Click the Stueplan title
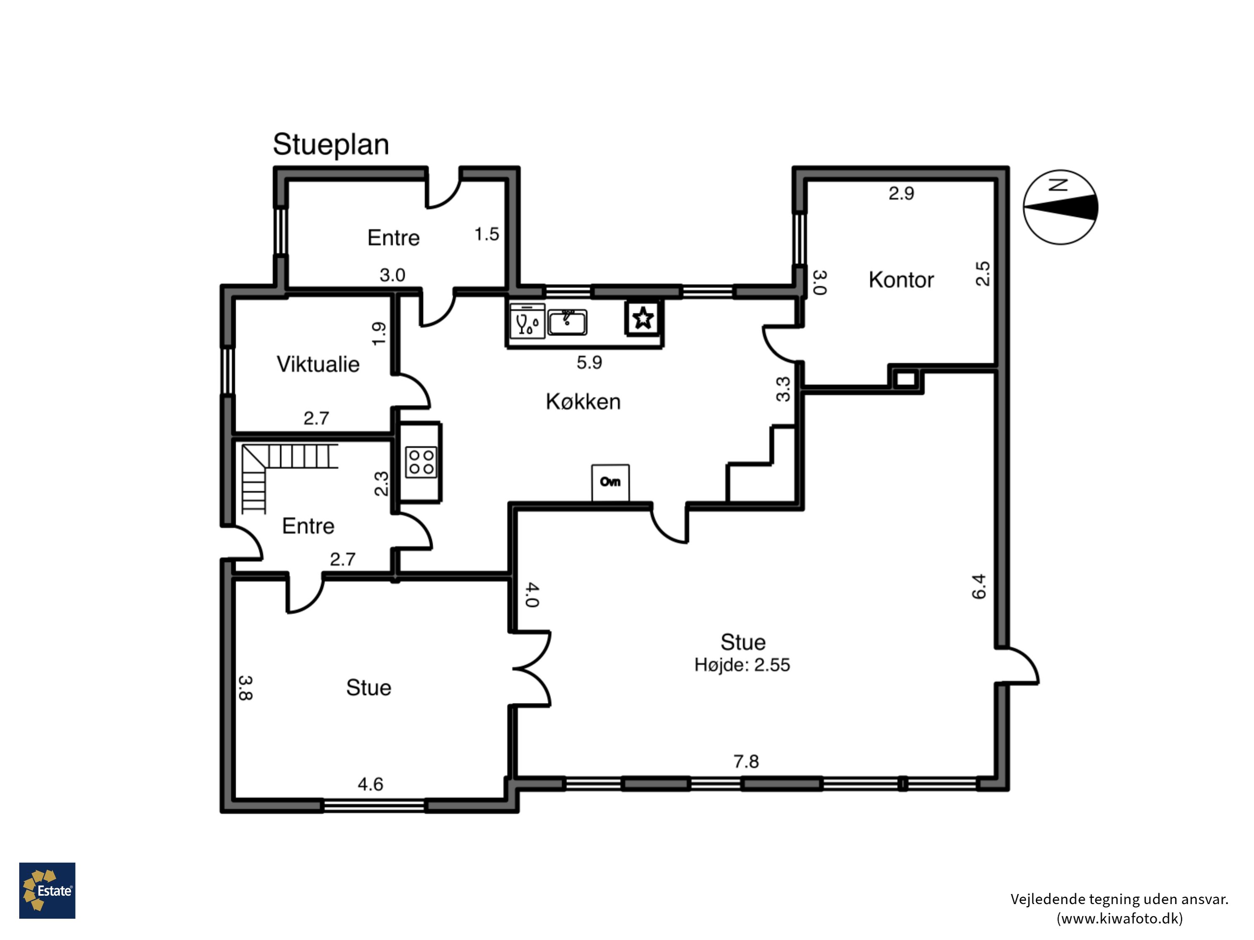pos(331,145)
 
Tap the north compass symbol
pos(1060,207)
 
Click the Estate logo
pos(47,890)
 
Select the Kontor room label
pos(901,280)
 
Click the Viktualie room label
pos(318,364)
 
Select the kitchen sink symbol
pos(567,322)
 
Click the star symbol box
pos(643,318)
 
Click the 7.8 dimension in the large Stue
pos(746,761)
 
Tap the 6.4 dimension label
pos(979,587)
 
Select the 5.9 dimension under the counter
pos(589,362)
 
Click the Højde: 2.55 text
pos(742,665)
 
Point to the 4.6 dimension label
pos(370,784)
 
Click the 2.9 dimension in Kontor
pos(901,193)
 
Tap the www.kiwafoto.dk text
pos(1120,918)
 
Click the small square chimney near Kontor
pos(905,379)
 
